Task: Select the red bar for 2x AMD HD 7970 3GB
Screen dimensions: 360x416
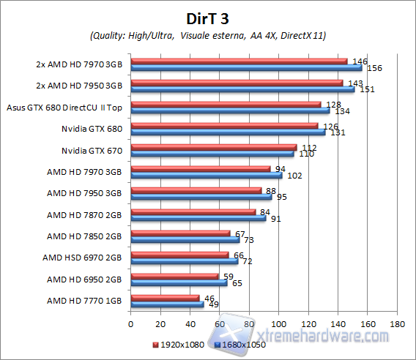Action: tap(239, 61)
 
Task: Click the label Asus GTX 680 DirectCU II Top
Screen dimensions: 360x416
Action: tap(64, 108)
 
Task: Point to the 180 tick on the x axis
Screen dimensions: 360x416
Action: tap(398, 323)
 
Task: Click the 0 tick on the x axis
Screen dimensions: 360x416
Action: tap(130, 323)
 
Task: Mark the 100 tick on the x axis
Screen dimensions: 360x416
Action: tap(279, 323)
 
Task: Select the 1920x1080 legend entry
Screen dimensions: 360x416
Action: tap(179, 344)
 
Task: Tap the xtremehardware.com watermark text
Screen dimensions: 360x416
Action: tap(330, 336)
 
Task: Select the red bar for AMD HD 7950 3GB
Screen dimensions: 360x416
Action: tap(196, 190)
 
